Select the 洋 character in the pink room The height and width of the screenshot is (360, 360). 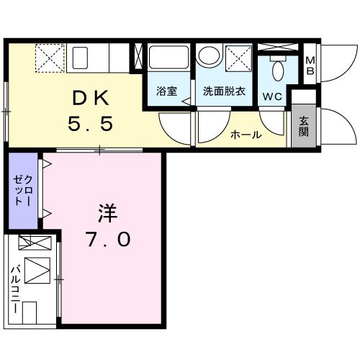[x=108, y=213]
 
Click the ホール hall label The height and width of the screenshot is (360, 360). [x=245, y=135]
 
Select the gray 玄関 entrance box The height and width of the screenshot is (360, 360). [x=303, y=127]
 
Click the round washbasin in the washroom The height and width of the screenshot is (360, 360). [x=210, y=58]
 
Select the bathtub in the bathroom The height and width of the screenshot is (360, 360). [x=168, y=58]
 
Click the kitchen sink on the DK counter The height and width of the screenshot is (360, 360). [x=81, y=57]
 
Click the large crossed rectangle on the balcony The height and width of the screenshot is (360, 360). [x=38, y=270]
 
